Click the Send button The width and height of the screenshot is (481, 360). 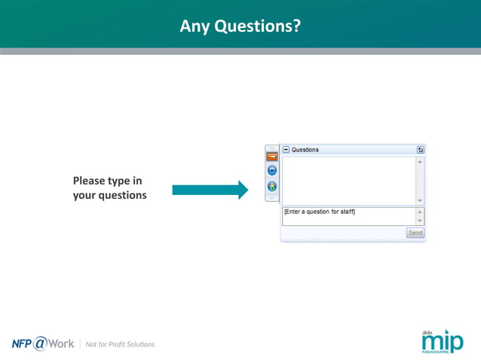[415, 233]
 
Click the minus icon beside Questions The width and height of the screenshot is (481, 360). [286, 150]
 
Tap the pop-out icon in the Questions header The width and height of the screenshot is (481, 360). [420, 150]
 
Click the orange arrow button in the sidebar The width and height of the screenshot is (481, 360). [271, 156]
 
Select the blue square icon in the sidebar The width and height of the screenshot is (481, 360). [271, 171]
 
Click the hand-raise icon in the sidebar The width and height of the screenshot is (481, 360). [271, 186]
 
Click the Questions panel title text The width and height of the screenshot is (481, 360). [305, 150]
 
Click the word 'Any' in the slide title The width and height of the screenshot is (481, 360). [195, 26]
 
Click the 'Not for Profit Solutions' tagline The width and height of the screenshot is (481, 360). [120, 344]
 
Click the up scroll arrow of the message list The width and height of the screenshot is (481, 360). [420, 160]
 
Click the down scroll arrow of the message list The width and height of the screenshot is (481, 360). [420, 201]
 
